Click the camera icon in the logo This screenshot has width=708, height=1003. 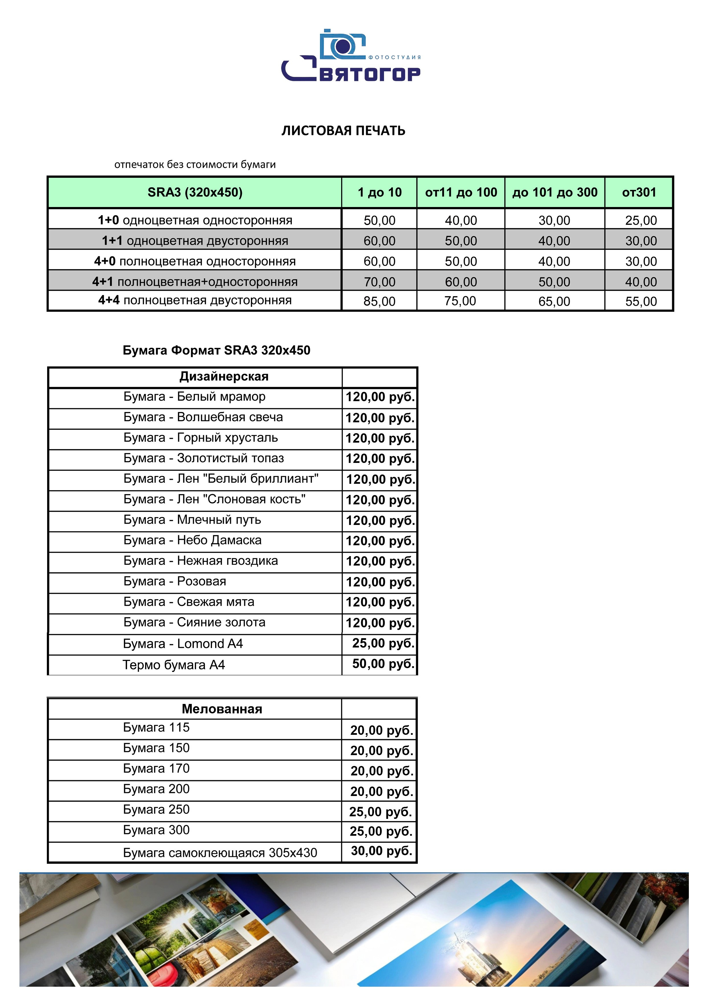[342, 45]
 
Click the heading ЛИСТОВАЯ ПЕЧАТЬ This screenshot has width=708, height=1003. [343, 131]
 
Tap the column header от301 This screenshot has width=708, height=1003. [639, 192]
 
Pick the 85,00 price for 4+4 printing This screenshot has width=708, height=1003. [379, 301]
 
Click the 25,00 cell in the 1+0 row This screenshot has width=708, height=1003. [640, 220]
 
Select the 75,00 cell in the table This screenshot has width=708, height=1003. [461, 301]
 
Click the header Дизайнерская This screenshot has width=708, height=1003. [224, 377]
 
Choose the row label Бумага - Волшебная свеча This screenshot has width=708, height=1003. [203, 417]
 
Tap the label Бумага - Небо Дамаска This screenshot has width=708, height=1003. [193, 540]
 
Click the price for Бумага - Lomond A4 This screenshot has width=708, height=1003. [383, 644]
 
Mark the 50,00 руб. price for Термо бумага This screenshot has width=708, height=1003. [383, 664]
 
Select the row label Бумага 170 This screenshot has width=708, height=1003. [156, 769]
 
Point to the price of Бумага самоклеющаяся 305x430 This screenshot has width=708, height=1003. [381, 851]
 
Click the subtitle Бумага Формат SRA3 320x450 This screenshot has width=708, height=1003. [217, 350]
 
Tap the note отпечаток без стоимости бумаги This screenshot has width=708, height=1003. [195, 165]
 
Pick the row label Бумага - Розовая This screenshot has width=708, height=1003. [175, 582]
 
